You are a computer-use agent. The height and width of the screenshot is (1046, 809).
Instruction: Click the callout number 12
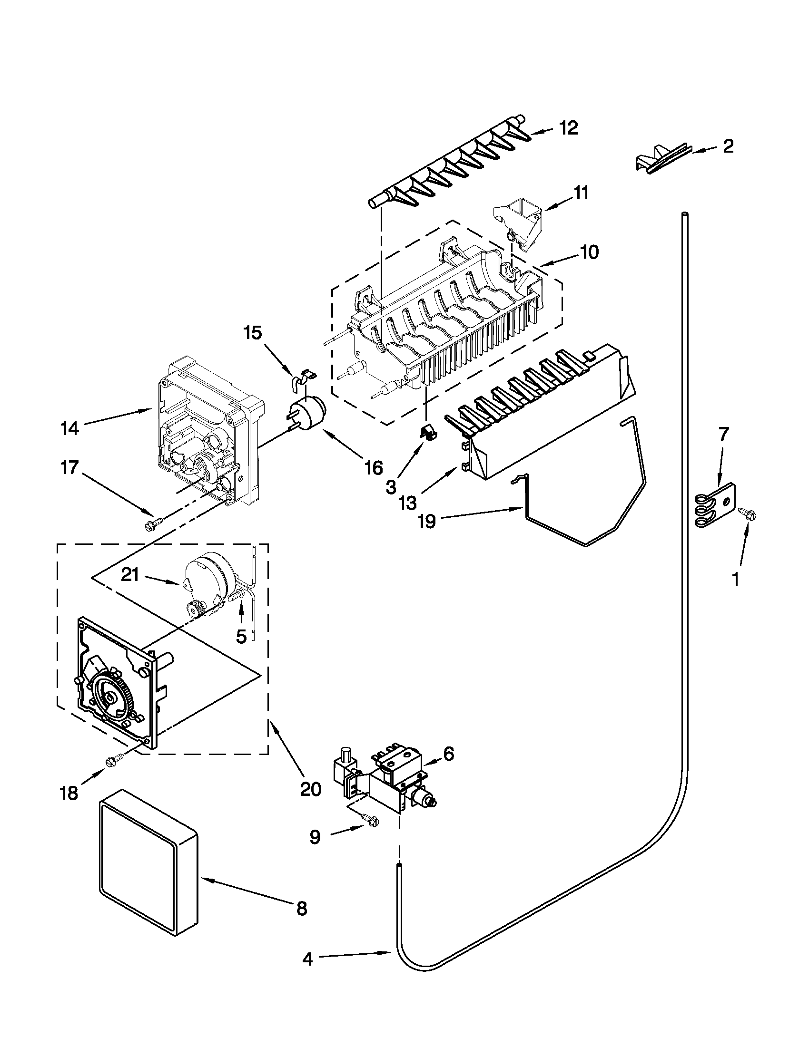568,128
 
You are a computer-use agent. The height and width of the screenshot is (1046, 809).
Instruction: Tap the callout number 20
310,788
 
